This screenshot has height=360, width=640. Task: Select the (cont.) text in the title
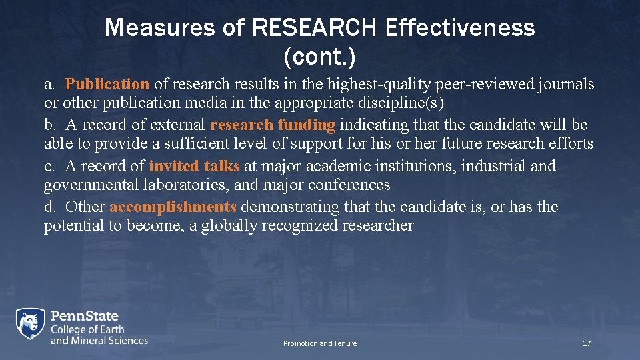(x=319, y=57)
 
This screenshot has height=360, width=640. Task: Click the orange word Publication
(x=107, y=84)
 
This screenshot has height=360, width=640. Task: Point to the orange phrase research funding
(x=272, y=125)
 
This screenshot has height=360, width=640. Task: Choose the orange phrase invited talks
(x=194, y=166)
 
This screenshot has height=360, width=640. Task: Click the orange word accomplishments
(x=173, y=207)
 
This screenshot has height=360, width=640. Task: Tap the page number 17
(x=587, y=343)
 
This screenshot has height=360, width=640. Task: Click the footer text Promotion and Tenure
(x=319, y=343)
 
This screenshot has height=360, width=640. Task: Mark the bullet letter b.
(x=49, y=125)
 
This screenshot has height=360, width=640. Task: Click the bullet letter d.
(x=49, y=207)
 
